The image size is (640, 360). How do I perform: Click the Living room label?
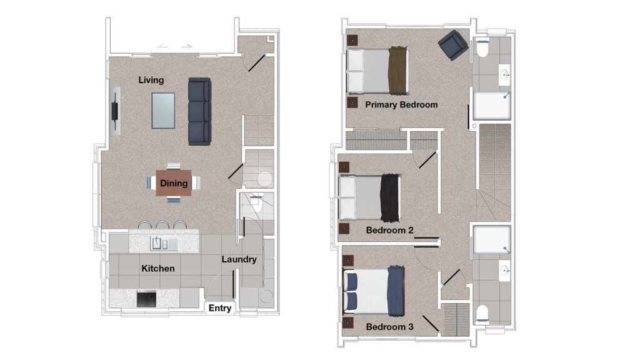click(151, 80)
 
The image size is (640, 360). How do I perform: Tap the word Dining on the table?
click(174, 183)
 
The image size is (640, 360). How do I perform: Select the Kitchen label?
click(158, 269)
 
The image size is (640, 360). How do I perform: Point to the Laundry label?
click(239, 259)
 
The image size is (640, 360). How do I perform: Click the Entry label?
click(220, 308)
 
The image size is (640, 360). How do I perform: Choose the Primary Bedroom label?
click(401, 104)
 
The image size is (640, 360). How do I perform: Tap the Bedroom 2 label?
click(390, 230)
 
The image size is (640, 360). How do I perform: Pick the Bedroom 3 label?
click(390, 327)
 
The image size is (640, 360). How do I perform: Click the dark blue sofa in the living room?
click(199, 111)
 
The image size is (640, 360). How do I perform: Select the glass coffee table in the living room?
click(163, 111)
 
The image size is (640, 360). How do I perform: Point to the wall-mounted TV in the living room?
click(115, 111)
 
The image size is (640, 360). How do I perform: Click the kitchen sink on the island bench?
click(159, 244)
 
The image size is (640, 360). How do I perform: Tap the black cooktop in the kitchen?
click(146, 299)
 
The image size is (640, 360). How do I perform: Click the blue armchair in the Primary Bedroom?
click(453, 45)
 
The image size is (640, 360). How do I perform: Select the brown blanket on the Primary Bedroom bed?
click(398, 70)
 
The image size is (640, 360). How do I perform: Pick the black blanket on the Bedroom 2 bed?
click(390, 198)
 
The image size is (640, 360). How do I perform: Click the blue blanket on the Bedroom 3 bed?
click(396, 291)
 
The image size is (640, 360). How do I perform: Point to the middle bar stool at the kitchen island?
click(162, 225)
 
